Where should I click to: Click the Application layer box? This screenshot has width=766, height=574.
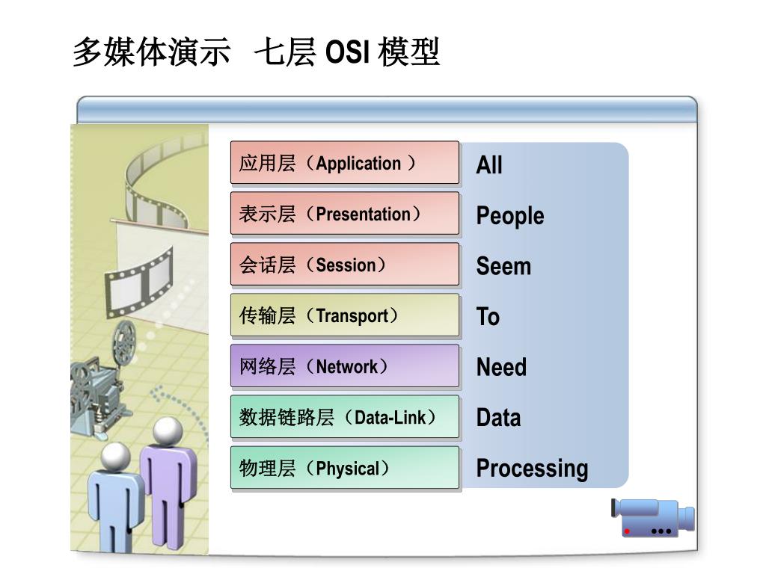click(x=344, y=163)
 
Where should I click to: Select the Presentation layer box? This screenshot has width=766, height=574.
click(x=344, y=214)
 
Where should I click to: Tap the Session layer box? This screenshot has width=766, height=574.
click(x=344, y=265)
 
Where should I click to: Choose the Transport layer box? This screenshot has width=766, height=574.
click(x=344, y=315)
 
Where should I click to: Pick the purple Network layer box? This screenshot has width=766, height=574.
click(x=344, y=366)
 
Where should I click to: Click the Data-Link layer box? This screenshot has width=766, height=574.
click(x=344, y=417)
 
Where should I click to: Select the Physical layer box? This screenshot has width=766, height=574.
click(x=344, y=469)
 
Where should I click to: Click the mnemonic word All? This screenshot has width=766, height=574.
click(x=489, y=165)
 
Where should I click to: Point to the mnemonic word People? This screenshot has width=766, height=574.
click(x=510, y=216)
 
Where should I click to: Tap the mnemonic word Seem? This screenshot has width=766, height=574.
click(x=503, y=266)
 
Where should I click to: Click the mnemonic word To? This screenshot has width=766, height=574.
click(x=488, y=317)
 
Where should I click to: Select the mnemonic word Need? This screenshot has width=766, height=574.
click(x=501, y=368)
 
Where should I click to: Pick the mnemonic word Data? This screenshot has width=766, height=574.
click(x=498, y=418)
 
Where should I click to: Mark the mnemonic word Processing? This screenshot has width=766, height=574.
click(x=532, y=469)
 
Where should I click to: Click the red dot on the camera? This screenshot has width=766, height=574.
click(x=627, y=531)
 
